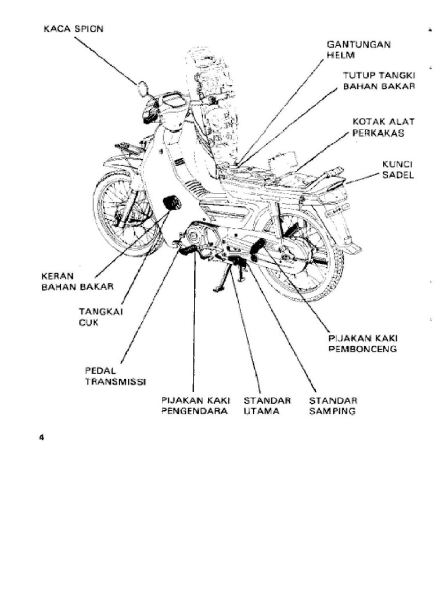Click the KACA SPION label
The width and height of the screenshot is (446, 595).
74,28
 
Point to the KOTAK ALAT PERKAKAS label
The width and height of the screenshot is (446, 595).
384,127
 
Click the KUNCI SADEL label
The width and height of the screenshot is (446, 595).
397,170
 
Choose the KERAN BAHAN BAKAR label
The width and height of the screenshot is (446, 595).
77,281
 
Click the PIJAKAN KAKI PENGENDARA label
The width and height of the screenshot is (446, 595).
196,406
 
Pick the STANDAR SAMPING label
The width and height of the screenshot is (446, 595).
332,406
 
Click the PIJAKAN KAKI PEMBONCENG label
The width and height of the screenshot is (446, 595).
363,343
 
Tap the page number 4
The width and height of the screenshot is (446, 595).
42,438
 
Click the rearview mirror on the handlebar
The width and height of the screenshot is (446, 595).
142,89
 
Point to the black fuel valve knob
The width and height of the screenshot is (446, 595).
171,203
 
